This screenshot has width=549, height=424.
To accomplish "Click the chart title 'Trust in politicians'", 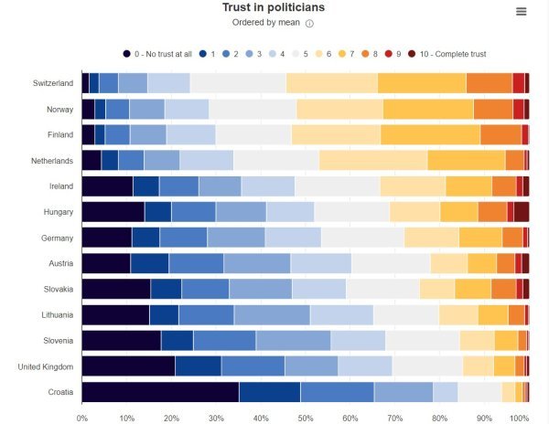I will click(x=273, y=8).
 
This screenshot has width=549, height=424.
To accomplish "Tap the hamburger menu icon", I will click(x=522, y=11).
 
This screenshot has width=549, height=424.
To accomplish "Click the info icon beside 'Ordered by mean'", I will click(x=309, y=24).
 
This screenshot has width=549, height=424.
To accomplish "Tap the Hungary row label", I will click(x=56, y=211).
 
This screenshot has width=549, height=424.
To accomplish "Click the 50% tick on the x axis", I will click(x=305, y=418).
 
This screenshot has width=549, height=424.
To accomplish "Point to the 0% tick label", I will click(x=82, y=418).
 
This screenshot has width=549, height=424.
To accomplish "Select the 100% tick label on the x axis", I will click(x=519, y=418).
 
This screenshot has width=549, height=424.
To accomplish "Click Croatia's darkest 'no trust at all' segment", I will click(x=160, y=392).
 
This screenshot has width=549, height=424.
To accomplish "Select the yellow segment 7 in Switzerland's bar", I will click(x=422, y=82).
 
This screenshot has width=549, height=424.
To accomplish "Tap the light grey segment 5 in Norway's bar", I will click(x=253, y=109).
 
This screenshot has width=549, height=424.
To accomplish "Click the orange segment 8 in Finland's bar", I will click(x=501, y=134).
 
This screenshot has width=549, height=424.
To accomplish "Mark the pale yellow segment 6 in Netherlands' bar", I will click(x=373, y=160).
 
